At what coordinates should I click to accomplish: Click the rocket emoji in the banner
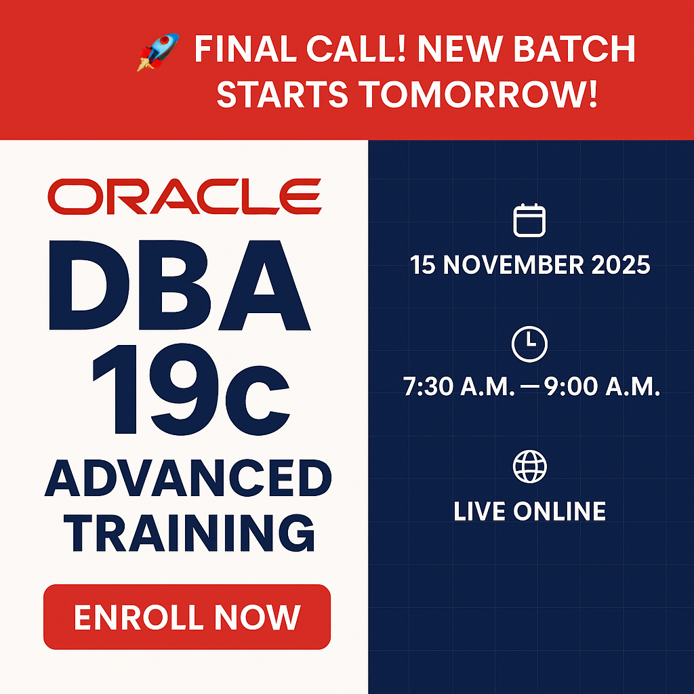coord(158,52)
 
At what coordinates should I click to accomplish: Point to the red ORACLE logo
coord(184,197)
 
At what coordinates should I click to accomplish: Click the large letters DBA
coord(180,285)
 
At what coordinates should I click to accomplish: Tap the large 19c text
coord(190,389)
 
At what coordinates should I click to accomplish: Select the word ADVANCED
coord(188,478)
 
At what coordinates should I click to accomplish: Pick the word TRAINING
coord(189,533)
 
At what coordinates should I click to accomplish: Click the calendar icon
coord(529,220)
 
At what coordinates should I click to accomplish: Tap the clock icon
coord(529,344)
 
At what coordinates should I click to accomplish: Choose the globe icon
coord(529,466)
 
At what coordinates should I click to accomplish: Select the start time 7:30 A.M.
coord(459,386)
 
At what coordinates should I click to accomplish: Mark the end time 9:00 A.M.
coord(602,386)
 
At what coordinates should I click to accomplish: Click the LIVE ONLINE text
coord(530,511)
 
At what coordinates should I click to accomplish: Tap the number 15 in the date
coord(423,265)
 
